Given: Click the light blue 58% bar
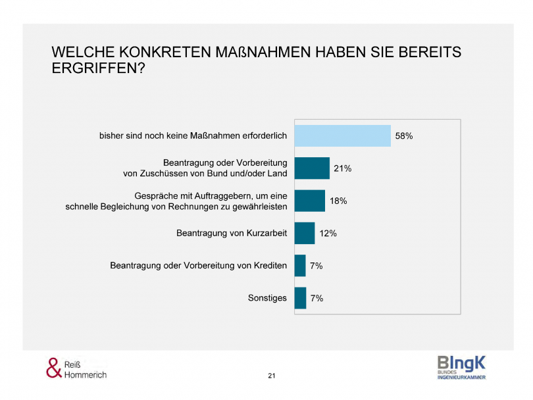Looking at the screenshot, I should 342,136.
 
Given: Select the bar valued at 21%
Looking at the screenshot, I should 311,168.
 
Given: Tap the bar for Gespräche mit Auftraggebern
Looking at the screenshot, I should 309,201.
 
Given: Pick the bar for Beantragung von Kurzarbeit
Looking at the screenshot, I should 304,233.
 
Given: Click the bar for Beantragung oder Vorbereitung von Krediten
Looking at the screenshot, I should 300,266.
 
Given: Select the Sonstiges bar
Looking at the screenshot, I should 300,298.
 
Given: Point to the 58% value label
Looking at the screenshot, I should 403,136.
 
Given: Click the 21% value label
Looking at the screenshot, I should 342,168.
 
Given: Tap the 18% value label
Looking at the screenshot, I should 338,201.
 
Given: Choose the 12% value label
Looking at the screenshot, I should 328,233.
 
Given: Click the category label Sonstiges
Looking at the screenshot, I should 267,298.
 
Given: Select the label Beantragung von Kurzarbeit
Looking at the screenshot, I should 232,233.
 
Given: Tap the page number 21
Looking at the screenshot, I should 272,376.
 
